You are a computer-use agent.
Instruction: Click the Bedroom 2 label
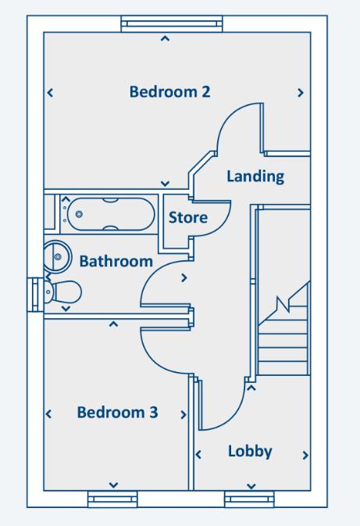169,92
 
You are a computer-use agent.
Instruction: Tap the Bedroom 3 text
117,412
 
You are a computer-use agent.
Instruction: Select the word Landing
255,177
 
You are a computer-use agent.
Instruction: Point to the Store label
188,217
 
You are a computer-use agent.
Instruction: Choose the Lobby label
249,451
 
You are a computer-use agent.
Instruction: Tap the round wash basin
56,254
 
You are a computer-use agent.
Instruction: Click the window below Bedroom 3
112,498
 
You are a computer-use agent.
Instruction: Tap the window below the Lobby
250,498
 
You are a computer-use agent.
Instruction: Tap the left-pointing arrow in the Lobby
198,454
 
